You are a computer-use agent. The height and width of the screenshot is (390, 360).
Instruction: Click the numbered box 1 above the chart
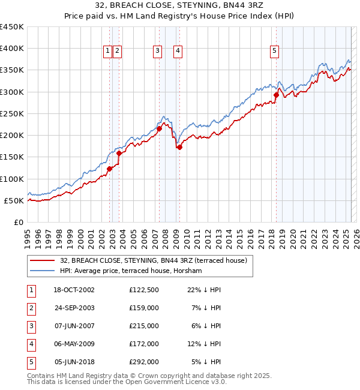pos(107,52)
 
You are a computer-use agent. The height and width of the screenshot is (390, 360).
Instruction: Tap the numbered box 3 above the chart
pos(157,52)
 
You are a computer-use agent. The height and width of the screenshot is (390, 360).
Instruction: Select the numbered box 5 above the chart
pos(274,52)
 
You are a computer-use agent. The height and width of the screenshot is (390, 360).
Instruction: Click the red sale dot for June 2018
pos(276,95)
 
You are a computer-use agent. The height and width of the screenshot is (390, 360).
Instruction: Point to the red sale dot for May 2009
pos(179,147)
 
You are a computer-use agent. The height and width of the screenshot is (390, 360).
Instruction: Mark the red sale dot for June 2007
pos(159,128)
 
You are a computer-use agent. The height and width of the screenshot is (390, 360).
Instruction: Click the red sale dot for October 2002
pos(110,169)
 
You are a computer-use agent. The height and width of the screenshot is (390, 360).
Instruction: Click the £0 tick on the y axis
pos(19,222)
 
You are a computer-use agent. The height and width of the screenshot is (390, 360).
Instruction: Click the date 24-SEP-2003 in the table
pos(74,308)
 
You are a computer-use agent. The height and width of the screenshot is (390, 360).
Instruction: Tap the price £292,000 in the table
pos(143,362)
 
